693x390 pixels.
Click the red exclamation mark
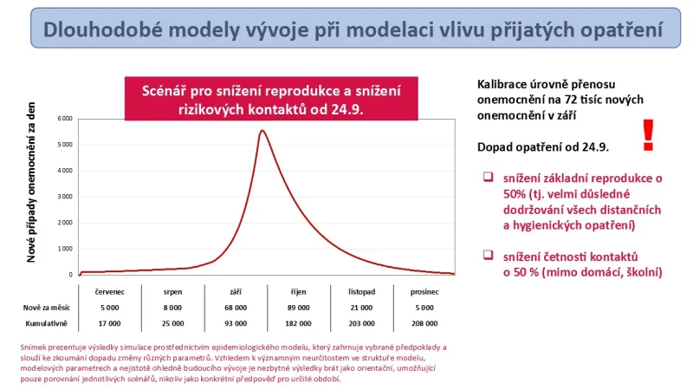(x=647, y=134)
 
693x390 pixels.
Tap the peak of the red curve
(x=262, y=131)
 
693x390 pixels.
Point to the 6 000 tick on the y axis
(x=64, y=118)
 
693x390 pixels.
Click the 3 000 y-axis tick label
(x=64, y=196)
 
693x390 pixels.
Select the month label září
(x=236, y=292)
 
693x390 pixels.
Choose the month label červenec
(x=109, y=292)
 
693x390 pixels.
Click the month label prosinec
(x=424, y=292)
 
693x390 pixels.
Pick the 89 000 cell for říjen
(x=298, y=308)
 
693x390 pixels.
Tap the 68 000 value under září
(x=236, y=308)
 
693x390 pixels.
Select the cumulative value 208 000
(x=424, y=322)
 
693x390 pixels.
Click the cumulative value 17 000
(x=109, y=322)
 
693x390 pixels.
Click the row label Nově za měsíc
(x=46, y=308)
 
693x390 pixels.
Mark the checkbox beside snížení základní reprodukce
(x=488, y=177)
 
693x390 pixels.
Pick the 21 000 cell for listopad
(x=361, y=308)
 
